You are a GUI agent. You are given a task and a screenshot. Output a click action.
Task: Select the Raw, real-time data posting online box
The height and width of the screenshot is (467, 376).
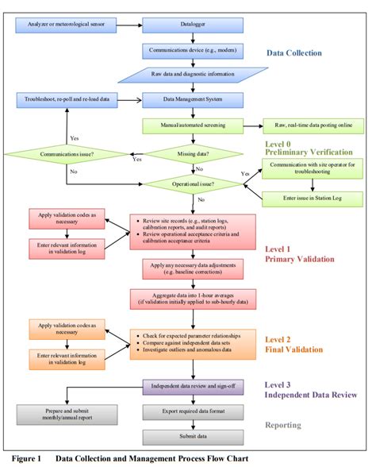coord(313,125)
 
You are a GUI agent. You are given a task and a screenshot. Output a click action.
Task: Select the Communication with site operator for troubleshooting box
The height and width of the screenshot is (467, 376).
coord(313,168)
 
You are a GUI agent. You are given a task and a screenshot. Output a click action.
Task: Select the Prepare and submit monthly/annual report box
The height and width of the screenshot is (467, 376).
coord(60,413)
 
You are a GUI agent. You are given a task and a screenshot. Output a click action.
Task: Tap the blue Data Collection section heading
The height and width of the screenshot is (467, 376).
coord(294,53)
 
